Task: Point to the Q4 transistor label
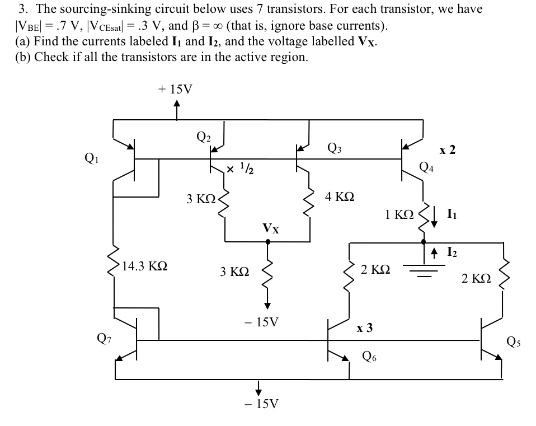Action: point(426,167)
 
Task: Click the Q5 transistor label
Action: point(514,341)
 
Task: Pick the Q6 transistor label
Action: point(370,355)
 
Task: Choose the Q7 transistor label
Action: point(104,337)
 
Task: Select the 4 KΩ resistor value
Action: point(340,196)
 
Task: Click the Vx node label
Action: point(271,228)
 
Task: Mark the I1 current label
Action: point(453,213)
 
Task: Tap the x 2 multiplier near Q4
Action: point(447,149)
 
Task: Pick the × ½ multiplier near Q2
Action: point(236,167)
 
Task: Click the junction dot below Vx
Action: point(267,242)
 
